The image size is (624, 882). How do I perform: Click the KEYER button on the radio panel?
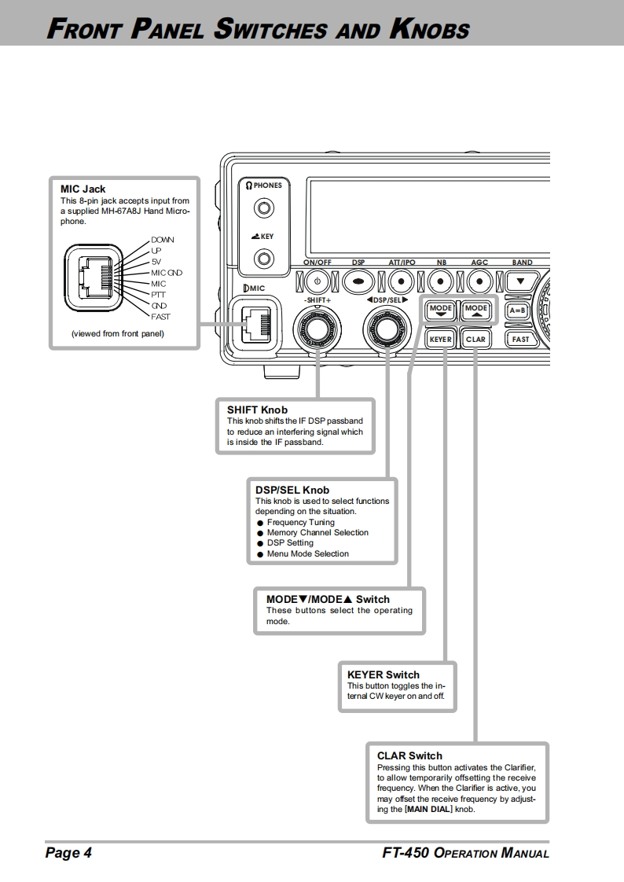tap(440, 339)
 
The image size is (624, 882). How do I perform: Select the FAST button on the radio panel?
tap(520, 339)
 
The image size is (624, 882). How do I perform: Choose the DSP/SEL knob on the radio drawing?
tap(385, 328)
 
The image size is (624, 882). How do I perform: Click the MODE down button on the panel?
tap(440, 310)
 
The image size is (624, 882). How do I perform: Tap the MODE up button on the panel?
tap(475, 310)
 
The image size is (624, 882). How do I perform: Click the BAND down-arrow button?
tap(520, 280)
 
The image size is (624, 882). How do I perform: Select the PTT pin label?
tap(159, 295)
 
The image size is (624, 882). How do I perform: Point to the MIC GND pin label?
tap(167, 273)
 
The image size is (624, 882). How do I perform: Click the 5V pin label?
tap(156, 262)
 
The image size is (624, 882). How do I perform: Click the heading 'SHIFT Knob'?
tap(257, 410)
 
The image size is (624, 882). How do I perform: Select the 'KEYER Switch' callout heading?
tap(384, 674)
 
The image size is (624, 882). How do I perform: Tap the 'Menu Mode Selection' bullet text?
tap(307, 553)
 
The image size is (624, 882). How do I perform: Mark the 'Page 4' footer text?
tap(68, 853)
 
